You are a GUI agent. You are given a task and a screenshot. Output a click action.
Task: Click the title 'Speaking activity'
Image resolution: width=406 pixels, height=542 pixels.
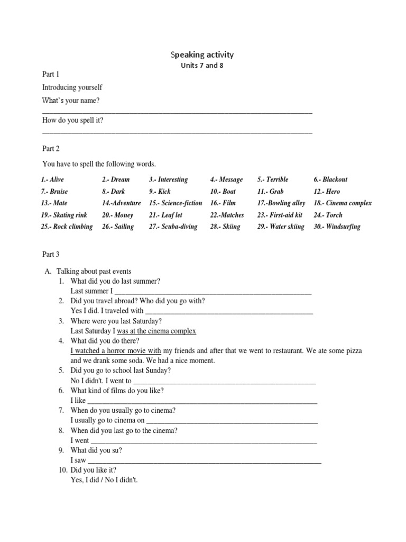202,55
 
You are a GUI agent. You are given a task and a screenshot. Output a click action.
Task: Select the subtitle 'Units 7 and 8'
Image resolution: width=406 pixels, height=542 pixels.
202,66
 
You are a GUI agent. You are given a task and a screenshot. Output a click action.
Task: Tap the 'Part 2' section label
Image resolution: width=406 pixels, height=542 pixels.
52,149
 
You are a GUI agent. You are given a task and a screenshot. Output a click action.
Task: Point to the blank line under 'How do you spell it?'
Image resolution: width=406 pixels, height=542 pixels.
177,132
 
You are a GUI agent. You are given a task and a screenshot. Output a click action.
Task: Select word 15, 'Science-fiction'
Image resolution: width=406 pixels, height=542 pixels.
176,203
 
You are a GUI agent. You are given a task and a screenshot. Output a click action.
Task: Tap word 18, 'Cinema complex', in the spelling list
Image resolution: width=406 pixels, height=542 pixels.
343,203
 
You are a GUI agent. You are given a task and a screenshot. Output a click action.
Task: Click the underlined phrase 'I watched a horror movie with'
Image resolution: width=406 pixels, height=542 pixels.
115,350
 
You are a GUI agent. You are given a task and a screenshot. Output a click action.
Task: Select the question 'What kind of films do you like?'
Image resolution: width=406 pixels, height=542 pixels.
117,390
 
